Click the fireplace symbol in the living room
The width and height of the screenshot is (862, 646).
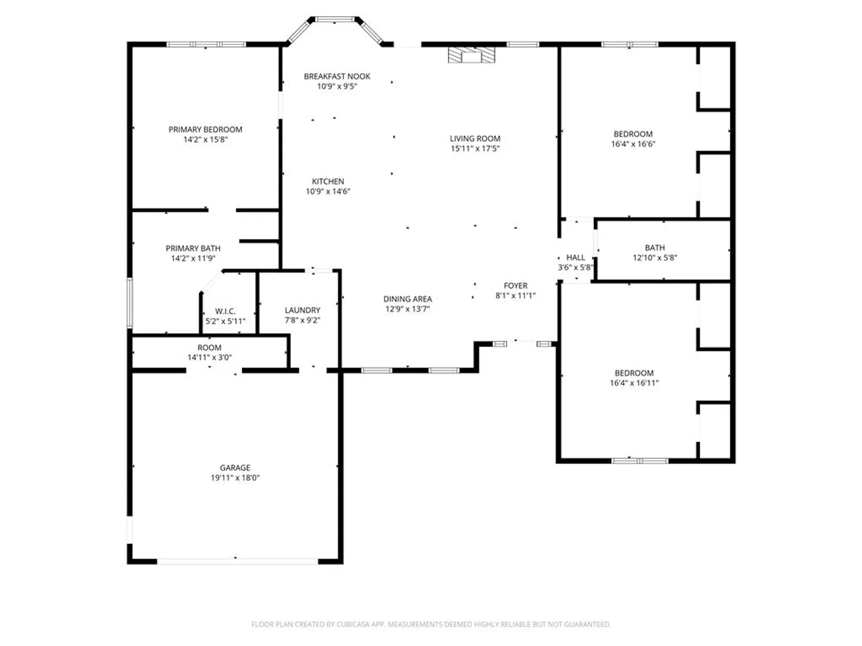click(471, 55)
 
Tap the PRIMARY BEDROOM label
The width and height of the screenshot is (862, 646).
click(205, 129)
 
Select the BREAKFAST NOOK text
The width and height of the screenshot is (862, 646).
click(337, 77)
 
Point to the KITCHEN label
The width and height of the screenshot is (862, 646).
click(328, 182)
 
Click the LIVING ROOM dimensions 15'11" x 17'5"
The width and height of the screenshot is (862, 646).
click(475, 149)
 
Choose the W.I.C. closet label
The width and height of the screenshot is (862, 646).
click(226, 312)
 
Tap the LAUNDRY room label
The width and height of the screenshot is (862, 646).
click(302, 310)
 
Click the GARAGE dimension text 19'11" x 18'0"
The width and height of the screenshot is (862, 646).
click(235, 478)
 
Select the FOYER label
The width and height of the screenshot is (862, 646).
click(515, 285)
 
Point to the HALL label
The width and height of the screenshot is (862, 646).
click(576, 258)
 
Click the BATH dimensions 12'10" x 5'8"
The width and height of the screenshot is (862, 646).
click(655, 258)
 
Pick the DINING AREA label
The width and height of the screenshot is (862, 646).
click(408, 299)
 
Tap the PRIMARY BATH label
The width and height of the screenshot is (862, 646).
click(193, 248)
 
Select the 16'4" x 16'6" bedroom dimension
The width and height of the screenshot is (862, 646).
click(633, 144)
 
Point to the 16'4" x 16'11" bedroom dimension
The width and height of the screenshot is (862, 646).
click(634, 383)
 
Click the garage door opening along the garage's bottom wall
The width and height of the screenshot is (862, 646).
click(238, 561)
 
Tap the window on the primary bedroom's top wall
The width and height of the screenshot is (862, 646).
click(206, 44)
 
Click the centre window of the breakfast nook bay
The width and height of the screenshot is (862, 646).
click(335, 19)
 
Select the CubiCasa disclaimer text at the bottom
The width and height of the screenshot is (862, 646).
click(431, 624)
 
